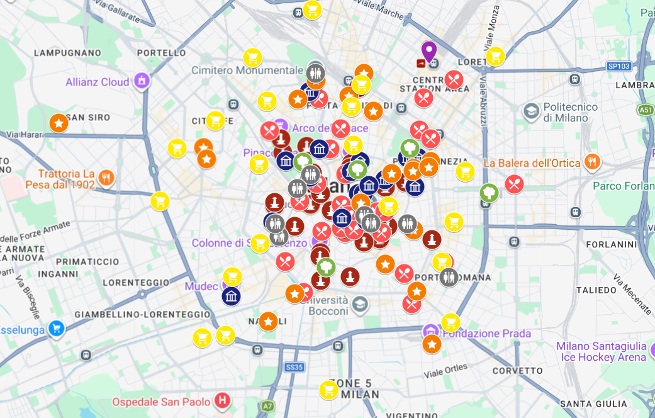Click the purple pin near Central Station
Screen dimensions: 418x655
pyautogui.click(x=429, y=51)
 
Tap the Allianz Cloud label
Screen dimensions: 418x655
pyautogui.click(x=98, y=82)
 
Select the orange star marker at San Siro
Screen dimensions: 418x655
pyautogui.click(x=59, y=123)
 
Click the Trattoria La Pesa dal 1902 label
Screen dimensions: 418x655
pyautogui.click(x=60, y=179)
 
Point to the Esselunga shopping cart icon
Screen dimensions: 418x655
pyautogui.click(x=57, y=329)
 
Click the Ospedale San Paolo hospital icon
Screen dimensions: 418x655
pyautogui.click(x=221, y=400)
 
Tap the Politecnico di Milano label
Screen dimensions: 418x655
pyautogui.click(x=566, y=113)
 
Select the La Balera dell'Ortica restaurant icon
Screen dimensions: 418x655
pyautogui.click(x=591, y=162)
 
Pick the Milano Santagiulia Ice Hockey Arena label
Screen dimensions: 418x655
pyautogui.click(x=601, y=351)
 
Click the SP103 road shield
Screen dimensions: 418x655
pyautogui.click(x=619, y=65)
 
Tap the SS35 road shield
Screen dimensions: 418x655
pyautogui.click(x=294, y=367)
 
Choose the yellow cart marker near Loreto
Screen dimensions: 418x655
pyautogui.click(x=495, y=57)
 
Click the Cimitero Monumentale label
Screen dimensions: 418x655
pyautogui.click(x=247, y=71)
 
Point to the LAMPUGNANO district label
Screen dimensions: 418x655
pyautogui.click(x=67, y=53)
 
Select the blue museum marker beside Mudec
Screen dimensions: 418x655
pyautogui.click(x=231, y=296)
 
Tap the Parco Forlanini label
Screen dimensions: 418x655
pyautogui.click(x=624, y=186)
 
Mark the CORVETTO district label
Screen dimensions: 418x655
pyautogui.click(x=517, y=371)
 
